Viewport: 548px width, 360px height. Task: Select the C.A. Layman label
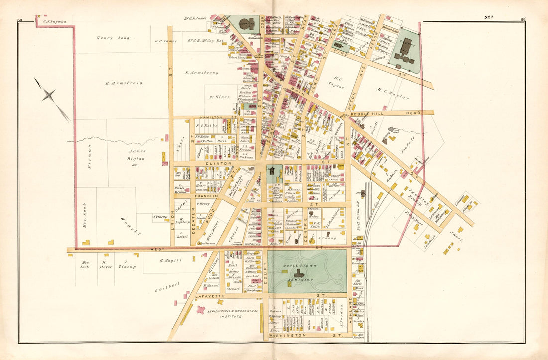52,22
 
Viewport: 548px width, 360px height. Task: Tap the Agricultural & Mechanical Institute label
226,313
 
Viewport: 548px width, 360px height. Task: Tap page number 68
20,20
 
